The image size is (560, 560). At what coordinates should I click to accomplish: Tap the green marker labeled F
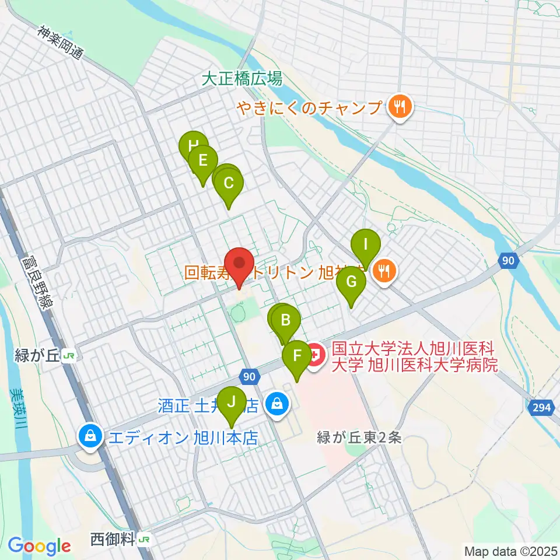point(297,355)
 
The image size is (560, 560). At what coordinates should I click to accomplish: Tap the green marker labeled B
point(286,320)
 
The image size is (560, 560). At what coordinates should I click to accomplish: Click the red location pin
point(239,263)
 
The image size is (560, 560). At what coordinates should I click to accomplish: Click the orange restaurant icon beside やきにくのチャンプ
point(400,107)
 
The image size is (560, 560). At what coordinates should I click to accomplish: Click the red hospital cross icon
point(316,354)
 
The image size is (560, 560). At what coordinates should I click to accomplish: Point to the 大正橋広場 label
point(242,79)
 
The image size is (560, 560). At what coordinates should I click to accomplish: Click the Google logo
point(40,546)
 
